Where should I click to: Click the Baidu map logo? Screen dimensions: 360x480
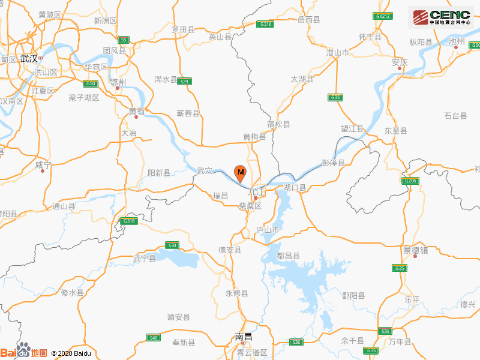pyautogui.click(x=23, y=352)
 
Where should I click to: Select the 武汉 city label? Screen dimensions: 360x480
pyautogui.click(x=28, y=58)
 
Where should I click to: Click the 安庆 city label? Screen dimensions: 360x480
pyautogui.click(x=399, y=62)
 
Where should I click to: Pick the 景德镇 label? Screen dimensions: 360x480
pyautogui.click(x=415, y=250)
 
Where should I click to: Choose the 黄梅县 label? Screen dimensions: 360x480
pyautogui.click(x=254, y=137)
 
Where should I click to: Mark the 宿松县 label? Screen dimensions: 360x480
pyautogui.click(x=278, y=124)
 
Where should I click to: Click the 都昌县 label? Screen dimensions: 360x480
pyautogui.click(x=288, y=256)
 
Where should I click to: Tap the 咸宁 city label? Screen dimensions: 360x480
pyautogui.click(x=43, y=164)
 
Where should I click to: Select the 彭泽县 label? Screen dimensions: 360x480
pyautogui.click(x=333, y=163)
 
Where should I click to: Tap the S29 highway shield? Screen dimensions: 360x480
pyautogui.click(x=185, y=82)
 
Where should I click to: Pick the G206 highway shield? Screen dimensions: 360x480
pyautogui.click(x=410, y=181)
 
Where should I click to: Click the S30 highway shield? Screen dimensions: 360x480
pyautogui.click(x=172, y=245)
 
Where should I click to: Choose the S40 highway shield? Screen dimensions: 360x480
pyautogui.click(x=154, y=338)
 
